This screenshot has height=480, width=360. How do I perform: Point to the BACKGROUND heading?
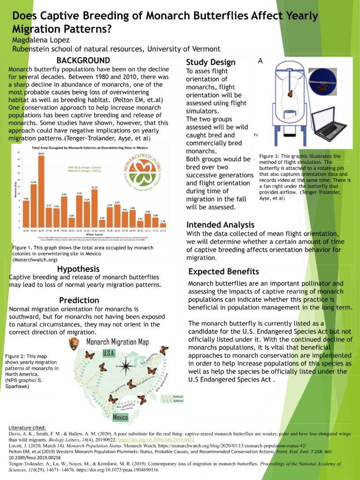tap(83, 60)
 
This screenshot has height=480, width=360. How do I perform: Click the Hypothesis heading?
tap(78, 269)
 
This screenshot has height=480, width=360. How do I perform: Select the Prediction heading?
tap(79, 300)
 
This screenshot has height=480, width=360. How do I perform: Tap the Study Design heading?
tap(210, 62)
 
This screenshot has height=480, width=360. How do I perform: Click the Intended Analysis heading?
tap(220, 225)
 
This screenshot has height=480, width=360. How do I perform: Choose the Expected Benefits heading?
tap(223, 272)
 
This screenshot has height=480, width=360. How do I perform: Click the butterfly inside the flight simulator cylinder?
tap(290, 93)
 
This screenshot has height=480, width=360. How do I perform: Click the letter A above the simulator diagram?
tap(260, 61)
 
